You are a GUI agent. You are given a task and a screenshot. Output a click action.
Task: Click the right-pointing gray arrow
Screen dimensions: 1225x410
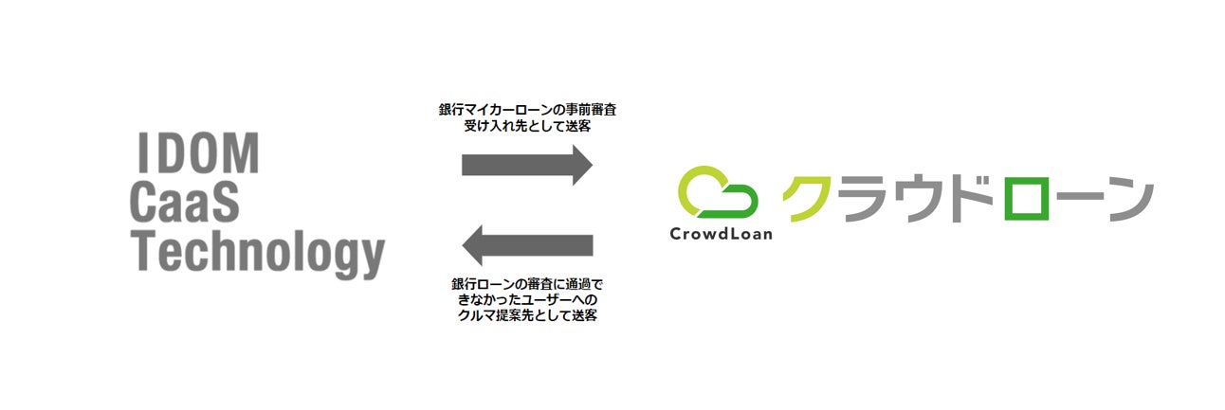click(526, 165)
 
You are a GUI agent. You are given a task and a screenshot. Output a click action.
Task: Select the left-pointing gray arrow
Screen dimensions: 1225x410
click(526, 245)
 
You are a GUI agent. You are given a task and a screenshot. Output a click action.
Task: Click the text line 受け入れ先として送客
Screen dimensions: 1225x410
click(527, 128)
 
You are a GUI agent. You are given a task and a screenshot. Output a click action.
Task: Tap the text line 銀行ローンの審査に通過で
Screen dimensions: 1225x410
click(527, 283)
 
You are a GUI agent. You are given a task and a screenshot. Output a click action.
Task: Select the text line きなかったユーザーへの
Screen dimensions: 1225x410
click(527, 299)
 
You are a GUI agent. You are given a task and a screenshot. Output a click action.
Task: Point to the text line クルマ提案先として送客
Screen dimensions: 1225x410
click(527, 316)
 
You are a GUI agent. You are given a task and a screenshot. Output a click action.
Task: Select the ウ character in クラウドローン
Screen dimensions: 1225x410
click(918, 199)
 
